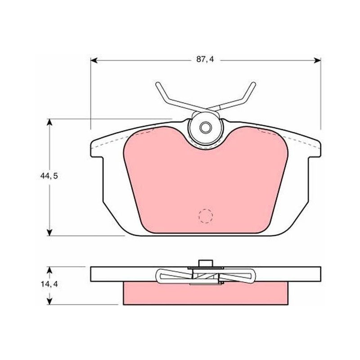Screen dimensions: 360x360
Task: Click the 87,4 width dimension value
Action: pos(205,59)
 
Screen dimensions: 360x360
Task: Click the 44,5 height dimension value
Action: pos(49,176)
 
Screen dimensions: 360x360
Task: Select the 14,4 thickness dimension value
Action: pos(49,284)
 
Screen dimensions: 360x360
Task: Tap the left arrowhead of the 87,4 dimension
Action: pos(94,60)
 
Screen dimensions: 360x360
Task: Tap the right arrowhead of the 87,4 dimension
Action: pos(317,60)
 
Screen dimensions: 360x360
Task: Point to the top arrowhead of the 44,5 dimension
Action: pos(49,122)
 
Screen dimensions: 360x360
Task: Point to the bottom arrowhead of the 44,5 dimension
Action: pos(49,232)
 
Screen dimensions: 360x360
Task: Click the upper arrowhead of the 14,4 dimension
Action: pos(49,270)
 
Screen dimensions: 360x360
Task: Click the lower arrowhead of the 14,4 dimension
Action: pos(49,301)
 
